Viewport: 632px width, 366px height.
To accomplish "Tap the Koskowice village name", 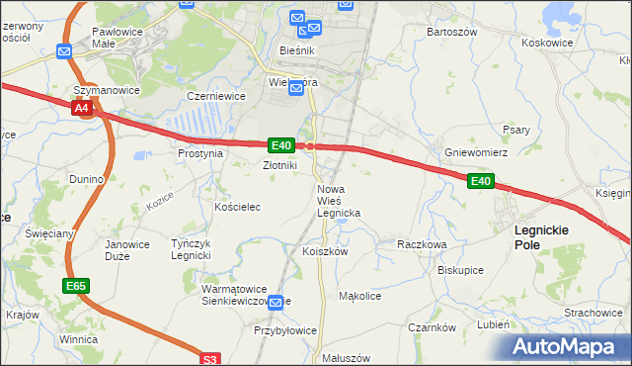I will click(x=547, y=43).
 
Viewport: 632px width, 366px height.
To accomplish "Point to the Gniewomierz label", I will click(x=476, y=153).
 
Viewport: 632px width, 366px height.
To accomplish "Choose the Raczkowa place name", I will click(x=422, y=243).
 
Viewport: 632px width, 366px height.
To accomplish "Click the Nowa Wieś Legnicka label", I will click(x=339, y=201).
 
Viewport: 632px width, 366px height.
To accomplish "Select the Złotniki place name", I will click(x=279, y=166).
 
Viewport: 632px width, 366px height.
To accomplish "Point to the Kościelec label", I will click(x=237, y=207).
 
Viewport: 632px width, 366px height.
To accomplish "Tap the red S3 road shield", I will click(x=210, y=359).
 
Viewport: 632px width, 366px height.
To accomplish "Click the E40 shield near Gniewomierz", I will click(x=480, y=181).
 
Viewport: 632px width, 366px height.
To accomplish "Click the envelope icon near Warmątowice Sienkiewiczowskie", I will click(x=277, y=302).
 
